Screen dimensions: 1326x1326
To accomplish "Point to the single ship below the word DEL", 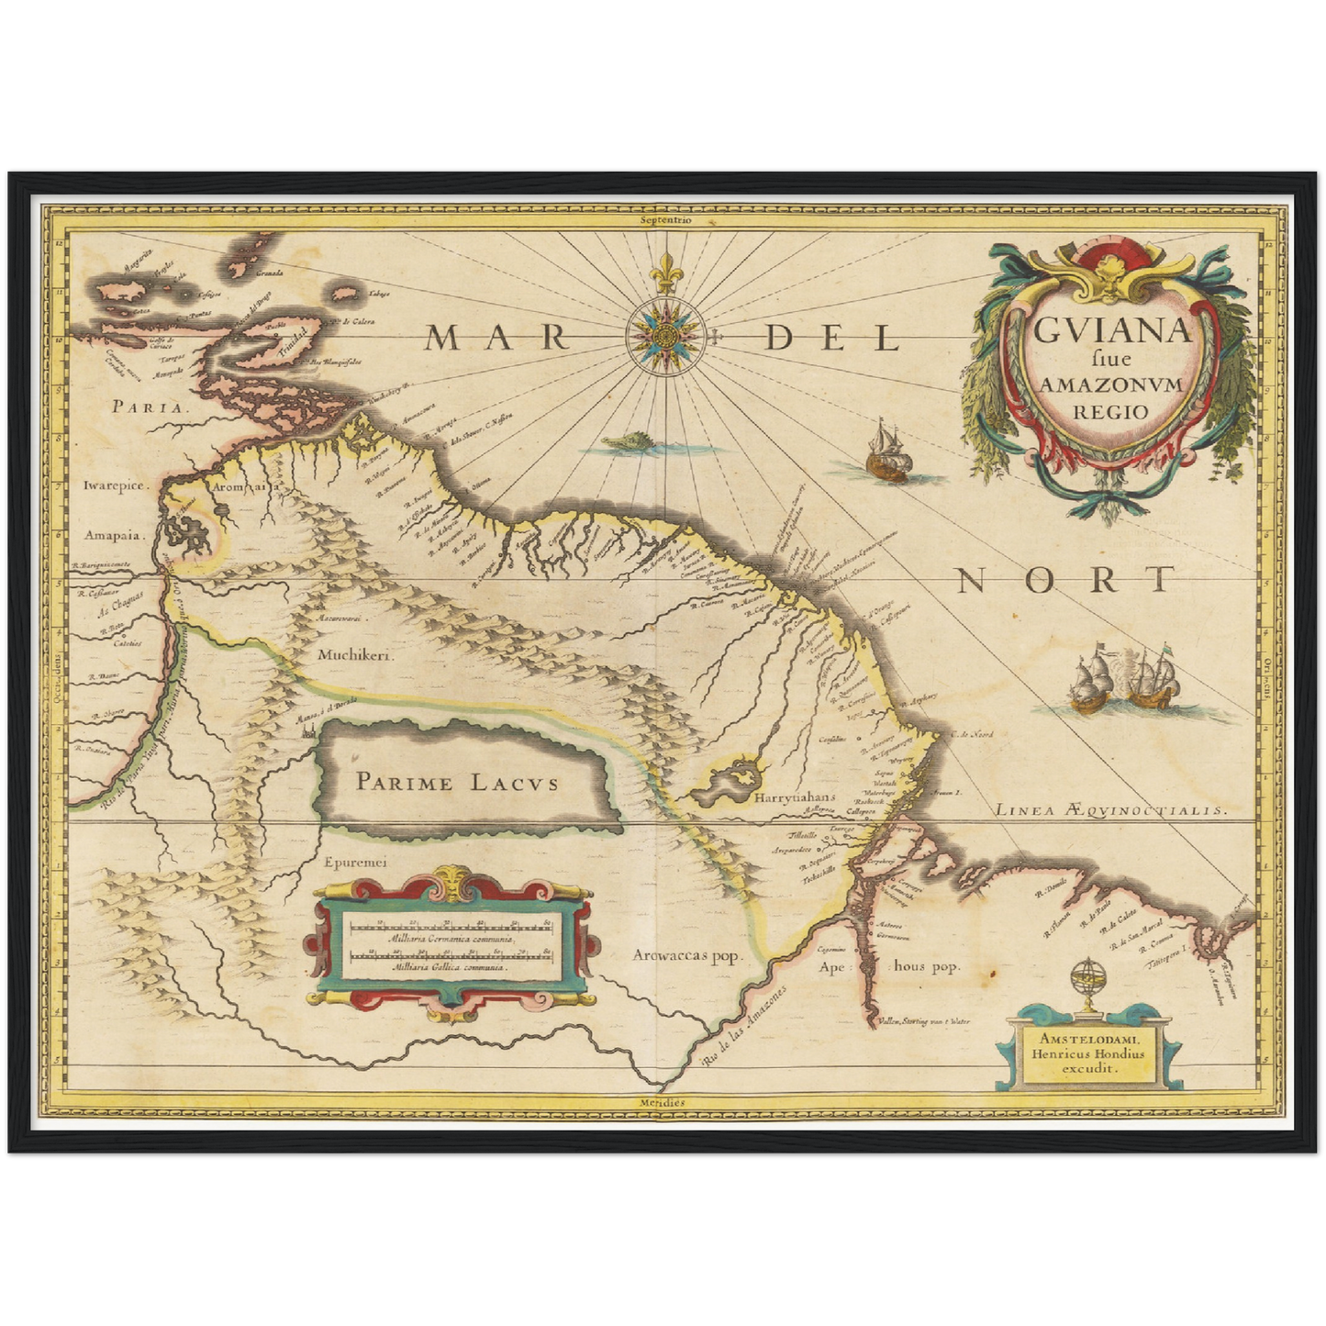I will coord(887,452).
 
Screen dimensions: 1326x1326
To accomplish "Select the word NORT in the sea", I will coord(1065,580).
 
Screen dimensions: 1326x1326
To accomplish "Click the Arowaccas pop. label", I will coord(686,956).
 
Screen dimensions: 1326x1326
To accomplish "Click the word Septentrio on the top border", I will coord(666,220).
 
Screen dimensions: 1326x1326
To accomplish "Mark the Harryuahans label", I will coord(791,798).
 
